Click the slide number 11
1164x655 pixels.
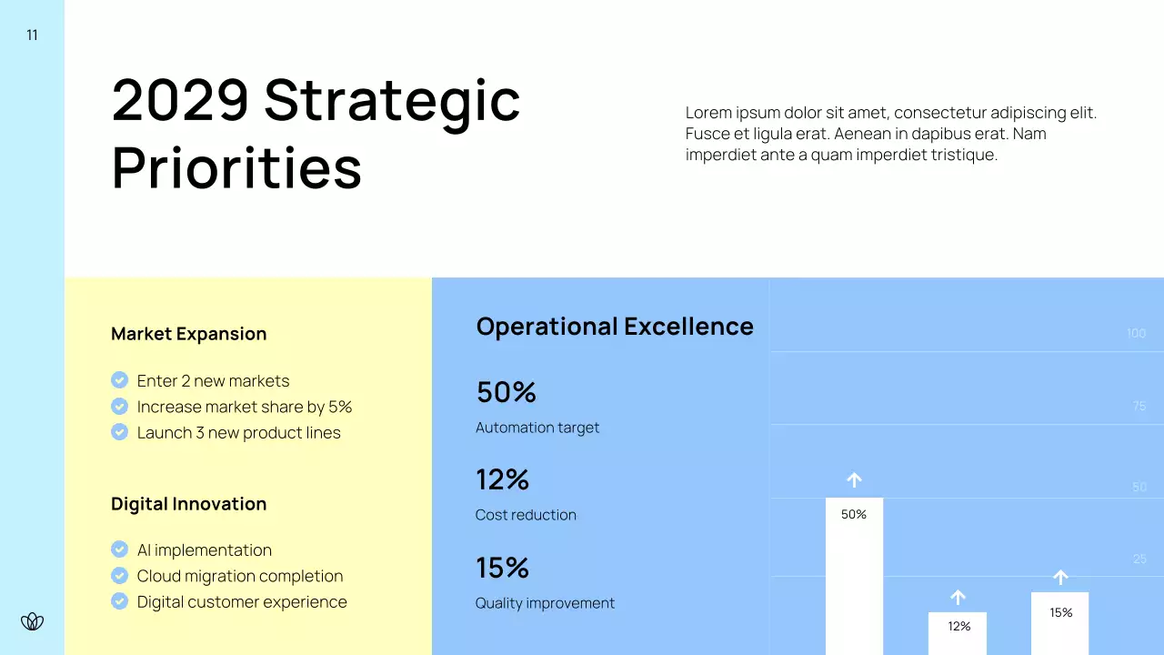(33, 35)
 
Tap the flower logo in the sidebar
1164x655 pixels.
(33, 621)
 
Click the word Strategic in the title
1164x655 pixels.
(392, 101)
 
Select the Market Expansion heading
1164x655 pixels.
(188, 334)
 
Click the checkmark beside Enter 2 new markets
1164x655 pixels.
(119, 380)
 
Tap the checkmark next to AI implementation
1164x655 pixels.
(119, 549)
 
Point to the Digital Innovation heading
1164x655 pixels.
(188, 504)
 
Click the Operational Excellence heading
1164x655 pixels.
(615, 327)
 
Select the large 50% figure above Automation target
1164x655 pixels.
(506, 392)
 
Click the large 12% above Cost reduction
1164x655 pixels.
(502, 479)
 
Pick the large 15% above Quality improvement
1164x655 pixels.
(502, 568)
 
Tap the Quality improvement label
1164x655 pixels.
(545, 603)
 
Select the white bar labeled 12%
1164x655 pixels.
(958, 634)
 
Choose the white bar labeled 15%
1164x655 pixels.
(1060, 626)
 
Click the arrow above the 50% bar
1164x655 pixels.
(854, 479)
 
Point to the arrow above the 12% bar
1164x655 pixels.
(958, 597)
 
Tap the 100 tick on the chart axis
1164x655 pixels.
(1136, 334)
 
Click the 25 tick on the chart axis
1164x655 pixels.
(1139, 559)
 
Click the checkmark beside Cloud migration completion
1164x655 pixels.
(119, 576)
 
